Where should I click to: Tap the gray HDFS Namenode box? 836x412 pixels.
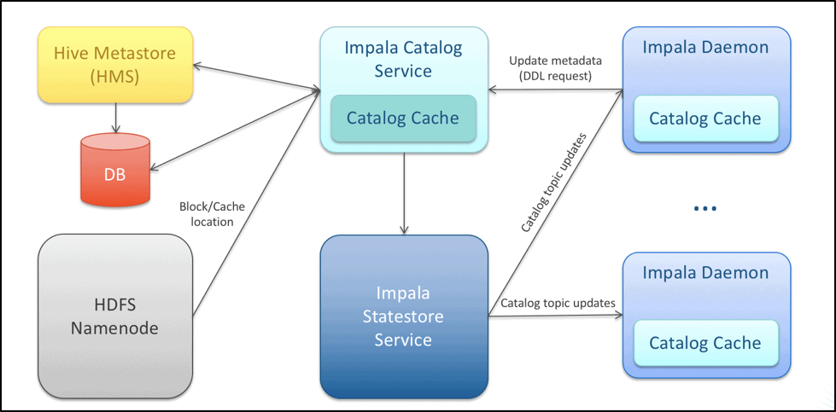click(113, 316)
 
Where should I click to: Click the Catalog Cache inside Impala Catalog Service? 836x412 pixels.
click(402, 119)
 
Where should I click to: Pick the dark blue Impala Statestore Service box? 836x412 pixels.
click(403, 316)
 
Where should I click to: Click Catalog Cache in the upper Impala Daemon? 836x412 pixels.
click(704, 119)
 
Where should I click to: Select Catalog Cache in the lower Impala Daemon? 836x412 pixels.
click(704, 343)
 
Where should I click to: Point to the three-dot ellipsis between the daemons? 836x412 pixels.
click(704, 209)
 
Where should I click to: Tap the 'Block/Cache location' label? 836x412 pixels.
click(206, 214)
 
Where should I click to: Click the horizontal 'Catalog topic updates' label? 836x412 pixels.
click(558, 303)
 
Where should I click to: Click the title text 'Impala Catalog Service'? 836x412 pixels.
click(403, 58)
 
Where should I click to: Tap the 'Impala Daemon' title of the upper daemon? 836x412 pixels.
click(705, 49)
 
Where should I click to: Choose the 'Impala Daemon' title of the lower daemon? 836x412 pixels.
click(705, 274)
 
